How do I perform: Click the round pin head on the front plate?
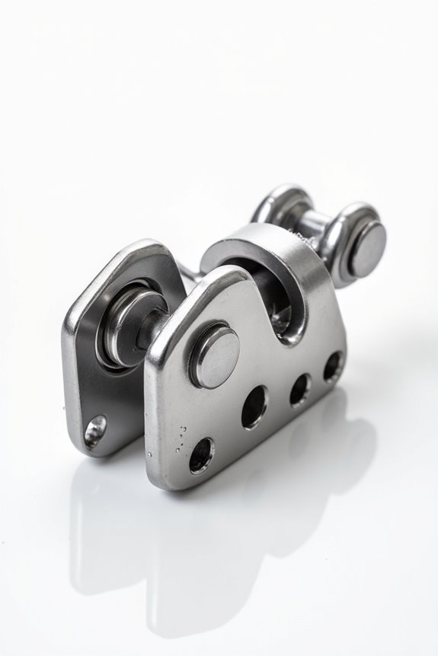(x=216, y=355)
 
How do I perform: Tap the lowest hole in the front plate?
(x=201, y=455)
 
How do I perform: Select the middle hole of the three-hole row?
(x=299, y=390)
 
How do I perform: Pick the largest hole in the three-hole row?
(x=255, y=407)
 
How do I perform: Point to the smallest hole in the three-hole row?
(x=333, y=367)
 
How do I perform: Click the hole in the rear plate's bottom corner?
(x=96, y=430)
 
